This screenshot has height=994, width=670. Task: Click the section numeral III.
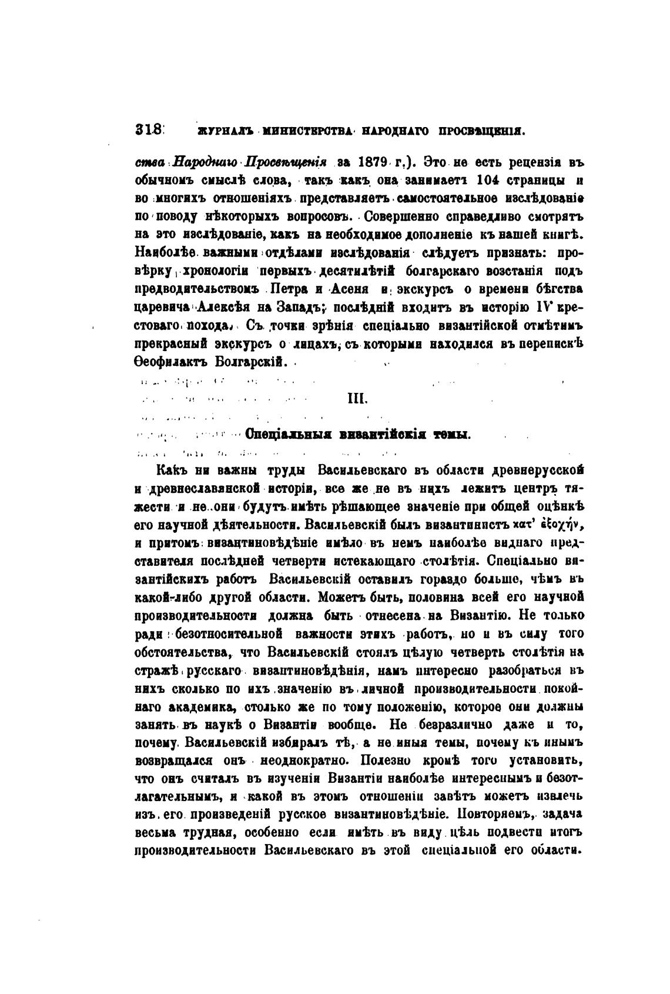coord(354,399)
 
